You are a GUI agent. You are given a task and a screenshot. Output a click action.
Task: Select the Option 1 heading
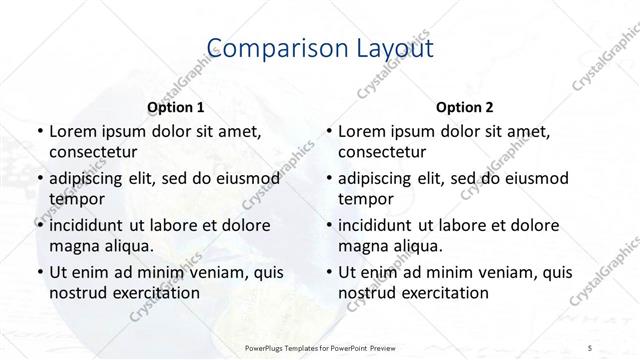click(176, 107)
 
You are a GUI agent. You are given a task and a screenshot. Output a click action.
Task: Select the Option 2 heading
click(465, 107)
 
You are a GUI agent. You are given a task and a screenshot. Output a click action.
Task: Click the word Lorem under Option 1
click(73, 131)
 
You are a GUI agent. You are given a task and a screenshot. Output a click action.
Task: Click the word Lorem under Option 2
click(363, 131)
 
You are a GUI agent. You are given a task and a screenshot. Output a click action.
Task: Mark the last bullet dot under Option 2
click(328, 271)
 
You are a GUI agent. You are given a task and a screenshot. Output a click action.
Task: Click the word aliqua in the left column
click(128, 245)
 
